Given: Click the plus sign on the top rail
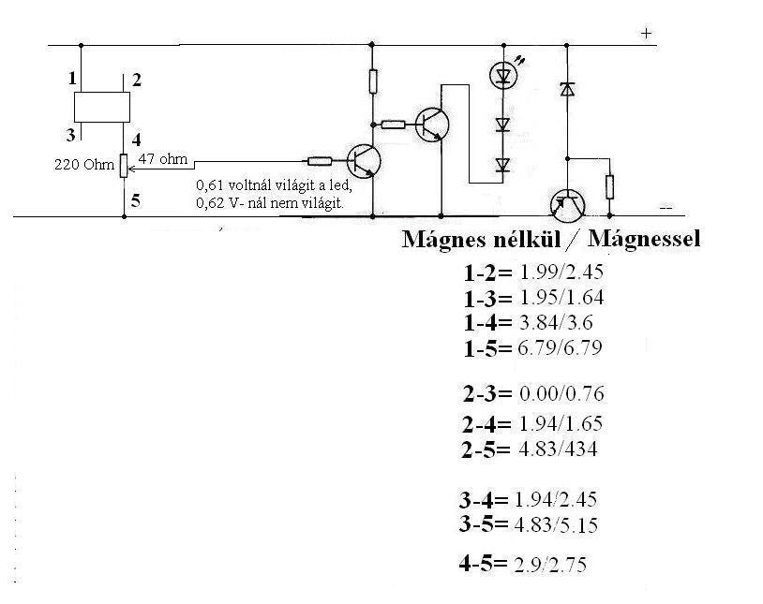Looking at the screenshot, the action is (x=645, y=33).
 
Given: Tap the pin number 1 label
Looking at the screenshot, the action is (x=72, y=79).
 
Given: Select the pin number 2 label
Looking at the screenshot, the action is (x=136, y=80).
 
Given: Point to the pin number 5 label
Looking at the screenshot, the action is (x=136, y=199).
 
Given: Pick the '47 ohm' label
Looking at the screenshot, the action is (x=157, y=158).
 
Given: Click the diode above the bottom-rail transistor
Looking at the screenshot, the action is (x=566, y=90).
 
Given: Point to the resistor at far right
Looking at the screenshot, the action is (x=610, y=185).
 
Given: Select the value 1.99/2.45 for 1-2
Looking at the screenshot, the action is (x=561, y=273).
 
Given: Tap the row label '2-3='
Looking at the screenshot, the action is (x=486, y=392).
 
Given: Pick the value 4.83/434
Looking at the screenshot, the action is (x=557, y=449).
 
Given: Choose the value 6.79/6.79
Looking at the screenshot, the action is (x=561, y=347).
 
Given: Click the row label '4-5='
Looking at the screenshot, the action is (x=483, y=564).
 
